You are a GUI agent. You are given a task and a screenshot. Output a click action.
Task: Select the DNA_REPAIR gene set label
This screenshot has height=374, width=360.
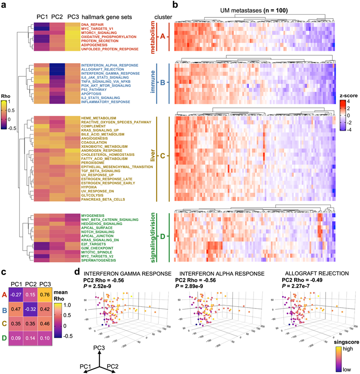click(92, 24)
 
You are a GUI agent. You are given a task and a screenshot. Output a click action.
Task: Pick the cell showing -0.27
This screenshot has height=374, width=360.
click(17, 294)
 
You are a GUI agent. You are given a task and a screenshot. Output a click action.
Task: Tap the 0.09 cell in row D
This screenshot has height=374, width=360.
click(17, 339)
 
